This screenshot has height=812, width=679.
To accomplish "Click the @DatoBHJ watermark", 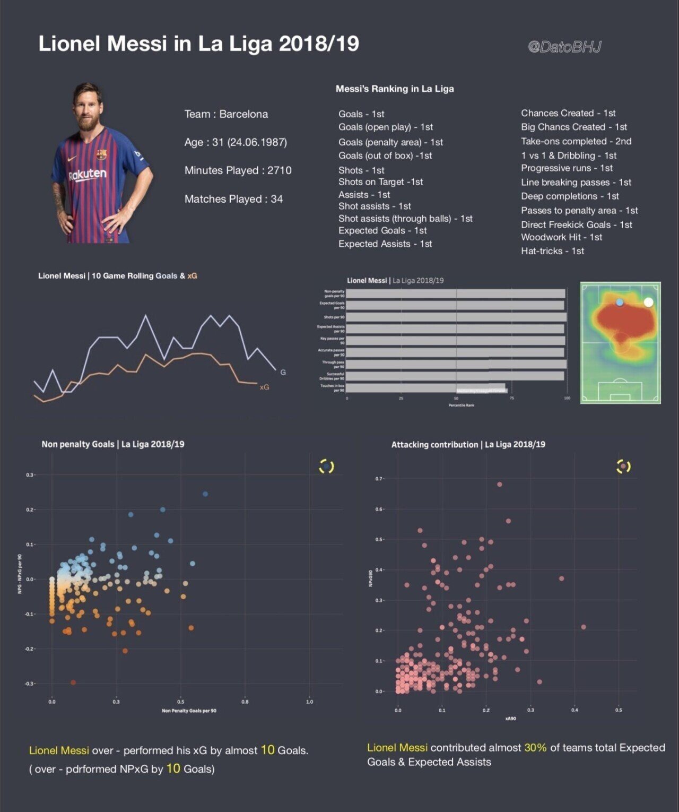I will point(564,47).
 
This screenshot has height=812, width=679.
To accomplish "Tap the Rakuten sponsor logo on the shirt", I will point(88,175).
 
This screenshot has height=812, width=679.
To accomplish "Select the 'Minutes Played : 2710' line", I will point(238,170).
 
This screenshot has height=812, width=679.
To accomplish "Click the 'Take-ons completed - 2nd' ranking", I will point(576,141).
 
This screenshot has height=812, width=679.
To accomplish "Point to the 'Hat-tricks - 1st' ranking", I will point(552,251).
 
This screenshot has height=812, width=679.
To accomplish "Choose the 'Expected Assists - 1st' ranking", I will point(385,244).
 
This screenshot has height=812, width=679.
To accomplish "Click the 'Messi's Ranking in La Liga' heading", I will point(395,89).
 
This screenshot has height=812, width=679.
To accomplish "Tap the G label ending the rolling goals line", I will point(283,373).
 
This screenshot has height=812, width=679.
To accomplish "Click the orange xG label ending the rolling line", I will point(264,387).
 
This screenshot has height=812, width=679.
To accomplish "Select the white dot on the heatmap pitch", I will point(648,302).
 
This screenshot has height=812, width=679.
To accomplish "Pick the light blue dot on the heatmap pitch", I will point(620,302).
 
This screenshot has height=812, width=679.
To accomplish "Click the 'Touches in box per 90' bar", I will point(425,388).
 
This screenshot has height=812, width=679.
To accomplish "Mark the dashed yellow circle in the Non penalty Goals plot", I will point(326,467).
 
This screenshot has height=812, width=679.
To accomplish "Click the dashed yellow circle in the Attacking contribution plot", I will point(623,467).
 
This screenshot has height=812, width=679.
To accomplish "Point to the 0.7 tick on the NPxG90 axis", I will point(379,479).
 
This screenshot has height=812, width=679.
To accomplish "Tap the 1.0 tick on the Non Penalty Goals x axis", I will point(310,702).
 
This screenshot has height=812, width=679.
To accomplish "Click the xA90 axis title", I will point(510,719).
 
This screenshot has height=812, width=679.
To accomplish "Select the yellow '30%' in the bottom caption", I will point(535,748).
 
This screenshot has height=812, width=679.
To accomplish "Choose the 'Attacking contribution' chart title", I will point(468,445).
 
